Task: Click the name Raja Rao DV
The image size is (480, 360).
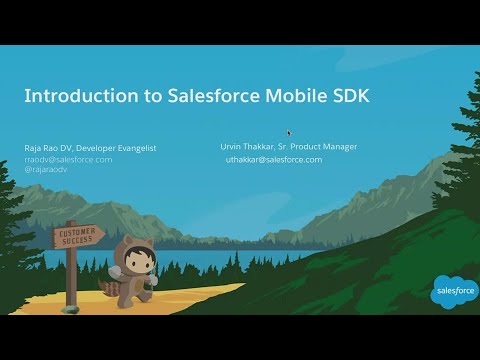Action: (50, 149)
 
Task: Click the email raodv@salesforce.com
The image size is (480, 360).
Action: (68, 159)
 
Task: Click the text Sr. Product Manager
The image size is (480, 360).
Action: (321, 147)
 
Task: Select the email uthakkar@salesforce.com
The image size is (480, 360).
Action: (273, 159)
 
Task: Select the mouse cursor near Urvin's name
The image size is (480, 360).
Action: (289, 133)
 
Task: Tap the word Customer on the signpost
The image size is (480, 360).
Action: (75, 232)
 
